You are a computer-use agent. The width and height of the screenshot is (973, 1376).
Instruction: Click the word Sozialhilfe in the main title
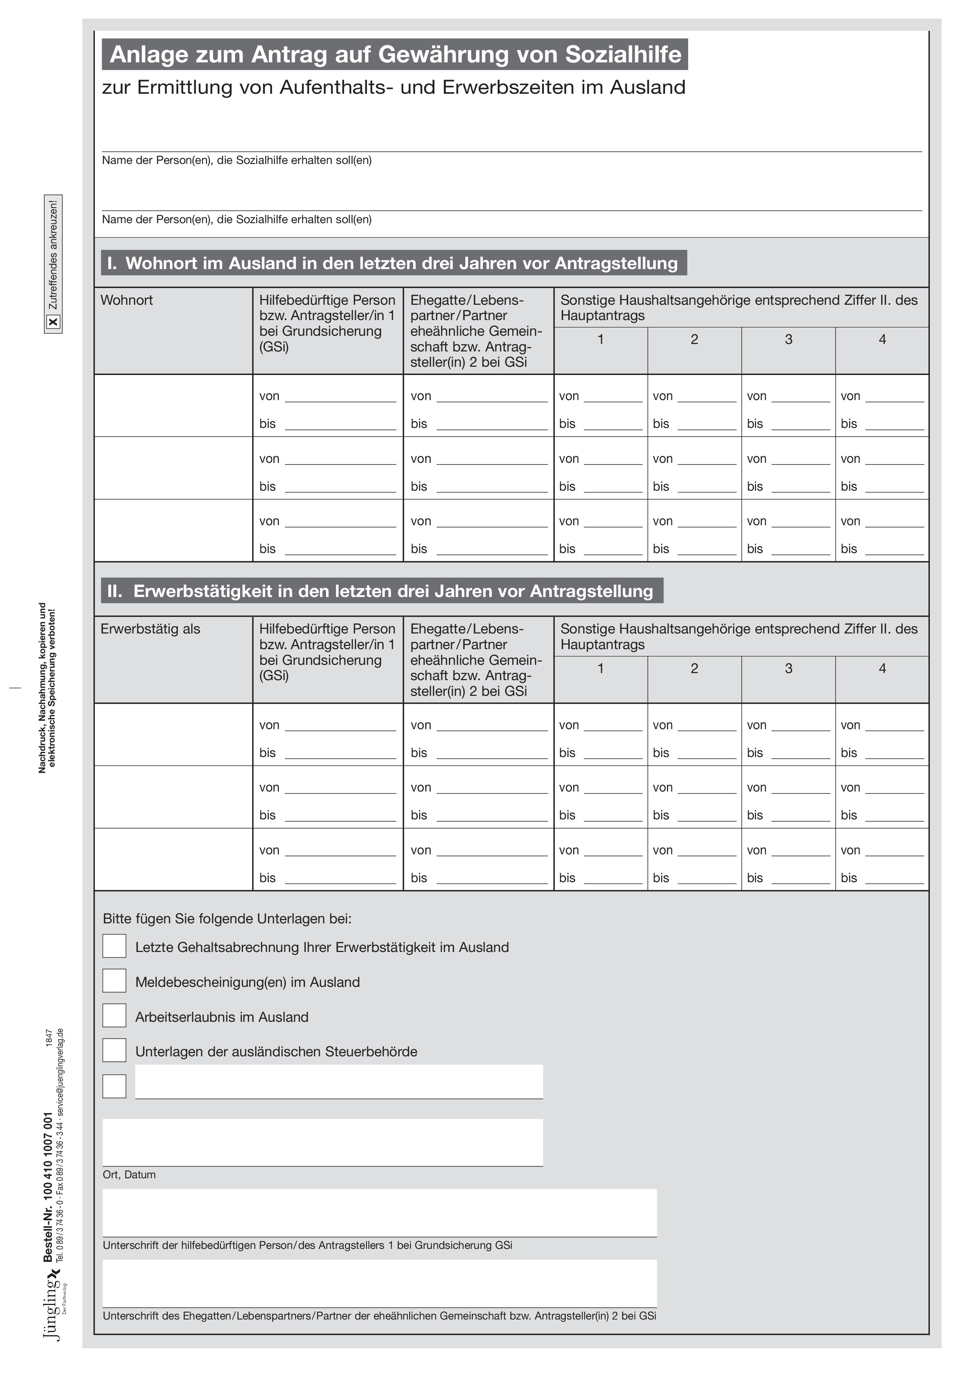[623, 55]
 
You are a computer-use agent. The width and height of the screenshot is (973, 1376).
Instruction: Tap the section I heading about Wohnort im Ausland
[393, 263]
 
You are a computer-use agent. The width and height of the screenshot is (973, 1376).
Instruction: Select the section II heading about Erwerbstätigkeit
[381, 591]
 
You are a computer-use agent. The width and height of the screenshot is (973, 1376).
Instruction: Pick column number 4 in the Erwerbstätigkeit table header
[882, 668]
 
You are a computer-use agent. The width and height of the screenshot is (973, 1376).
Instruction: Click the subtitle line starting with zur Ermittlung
[393, 87]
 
